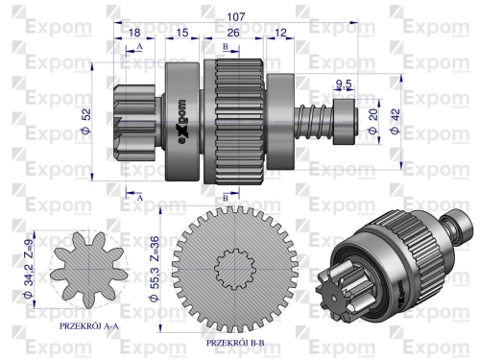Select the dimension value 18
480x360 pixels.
tap(135, 34)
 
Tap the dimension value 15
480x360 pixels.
tap(181, 34)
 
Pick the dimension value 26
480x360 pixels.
tap(234, 34)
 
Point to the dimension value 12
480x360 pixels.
tap(280, 34)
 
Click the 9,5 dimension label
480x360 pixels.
tap(344, 84)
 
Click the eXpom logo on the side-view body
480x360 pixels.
tap(181, 123)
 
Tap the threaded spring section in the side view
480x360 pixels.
tap(313, 124)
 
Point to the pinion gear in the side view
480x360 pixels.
tap(133, 123)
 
